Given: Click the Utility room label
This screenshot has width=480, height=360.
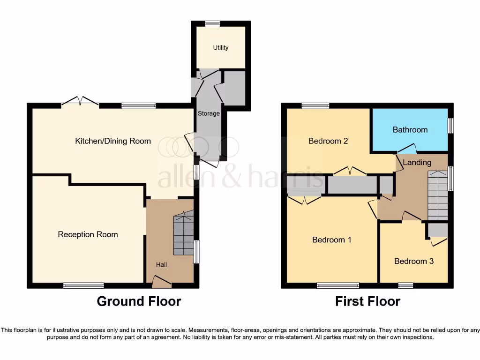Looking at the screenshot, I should point(221,47).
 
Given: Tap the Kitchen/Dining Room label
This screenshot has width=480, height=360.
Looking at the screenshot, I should point(113,141).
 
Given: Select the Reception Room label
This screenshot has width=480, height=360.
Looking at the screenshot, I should point(88,234).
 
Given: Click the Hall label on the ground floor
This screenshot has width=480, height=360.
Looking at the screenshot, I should point(161,265).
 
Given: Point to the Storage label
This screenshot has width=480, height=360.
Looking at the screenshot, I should point(209,113).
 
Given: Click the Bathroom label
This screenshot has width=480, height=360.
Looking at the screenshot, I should point(410,129).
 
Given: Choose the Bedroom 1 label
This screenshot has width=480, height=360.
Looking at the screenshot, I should point(332,240).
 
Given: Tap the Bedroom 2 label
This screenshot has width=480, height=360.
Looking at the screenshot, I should point(328,141).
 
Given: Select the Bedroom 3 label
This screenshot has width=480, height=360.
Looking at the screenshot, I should point(414,261).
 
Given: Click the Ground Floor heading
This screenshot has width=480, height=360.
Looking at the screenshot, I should point(139,301).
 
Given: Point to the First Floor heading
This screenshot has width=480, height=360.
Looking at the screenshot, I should point(367,301).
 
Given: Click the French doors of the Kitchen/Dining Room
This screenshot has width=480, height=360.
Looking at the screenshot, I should point(80,102).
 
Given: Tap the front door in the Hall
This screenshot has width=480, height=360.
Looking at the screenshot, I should point(161,282).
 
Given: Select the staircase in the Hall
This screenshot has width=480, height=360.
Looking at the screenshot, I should point(184,234).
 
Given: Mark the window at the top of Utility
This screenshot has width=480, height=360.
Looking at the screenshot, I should point(212,24).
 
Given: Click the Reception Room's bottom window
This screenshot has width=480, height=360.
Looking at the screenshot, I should point(83,285).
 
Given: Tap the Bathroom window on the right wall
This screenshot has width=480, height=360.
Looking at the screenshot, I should point(450,126).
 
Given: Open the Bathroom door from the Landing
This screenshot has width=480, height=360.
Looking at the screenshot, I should point(407,150).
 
